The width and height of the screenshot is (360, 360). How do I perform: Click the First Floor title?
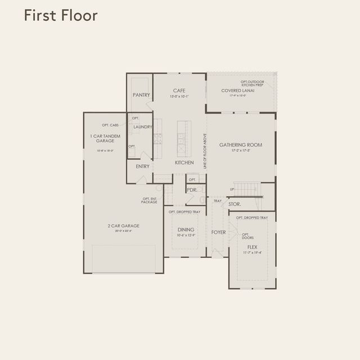click(x=61, y=16)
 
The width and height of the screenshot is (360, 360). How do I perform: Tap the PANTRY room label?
click(x=141, y=95)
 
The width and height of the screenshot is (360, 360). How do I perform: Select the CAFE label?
click(x=179, y=90)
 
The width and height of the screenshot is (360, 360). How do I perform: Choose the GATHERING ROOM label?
click(x=241, y=145)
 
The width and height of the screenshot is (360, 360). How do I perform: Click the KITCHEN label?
click(x=184, y=163)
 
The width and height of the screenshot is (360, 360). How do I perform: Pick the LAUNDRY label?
click(x=143, y=127)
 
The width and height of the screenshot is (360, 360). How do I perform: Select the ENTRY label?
click(x=143, y=166)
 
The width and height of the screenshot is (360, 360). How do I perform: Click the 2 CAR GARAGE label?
click(x=123, y=226)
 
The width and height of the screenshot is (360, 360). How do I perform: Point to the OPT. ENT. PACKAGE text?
click(x=150, y=200)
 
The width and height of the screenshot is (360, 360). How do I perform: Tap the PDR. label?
click(x=191, y=190)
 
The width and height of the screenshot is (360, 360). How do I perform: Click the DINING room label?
click(x=186, y=229)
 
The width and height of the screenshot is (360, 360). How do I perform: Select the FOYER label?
click(x=218, y=232)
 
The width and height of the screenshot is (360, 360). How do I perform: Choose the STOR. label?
click(x=235, y=204)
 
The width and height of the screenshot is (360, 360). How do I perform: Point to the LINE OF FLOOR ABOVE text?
click(x=205, y=151)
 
